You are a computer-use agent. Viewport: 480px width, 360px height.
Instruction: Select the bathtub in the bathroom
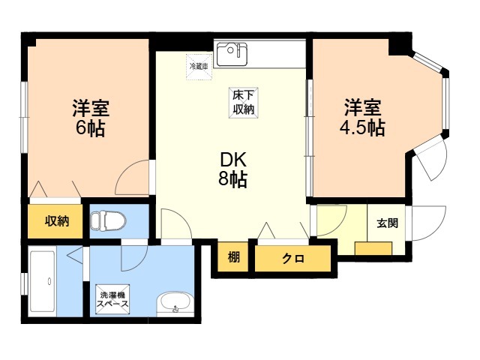[x=44, y=283]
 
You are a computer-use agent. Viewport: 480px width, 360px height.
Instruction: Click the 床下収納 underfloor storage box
[x=241, y=101]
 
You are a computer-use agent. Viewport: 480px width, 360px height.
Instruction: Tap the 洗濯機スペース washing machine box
[x=112, y=299]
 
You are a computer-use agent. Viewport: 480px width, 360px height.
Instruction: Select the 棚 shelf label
[x=234, y=259]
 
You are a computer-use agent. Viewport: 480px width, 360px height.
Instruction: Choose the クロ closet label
[x=292, y=259]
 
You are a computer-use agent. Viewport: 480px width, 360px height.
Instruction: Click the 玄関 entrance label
[x=387, y=223]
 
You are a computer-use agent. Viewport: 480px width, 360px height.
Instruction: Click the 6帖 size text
[x=90, y=127]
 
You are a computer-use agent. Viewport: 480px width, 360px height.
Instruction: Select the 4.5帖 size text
[x=362, y=127]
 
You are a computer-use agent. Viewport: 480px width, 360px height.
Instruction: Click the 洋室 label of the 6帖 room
[x=90, y=107]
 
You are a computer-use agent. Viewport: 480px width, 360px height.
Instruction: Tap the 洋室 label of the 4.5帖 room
[x=363, y=107]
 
